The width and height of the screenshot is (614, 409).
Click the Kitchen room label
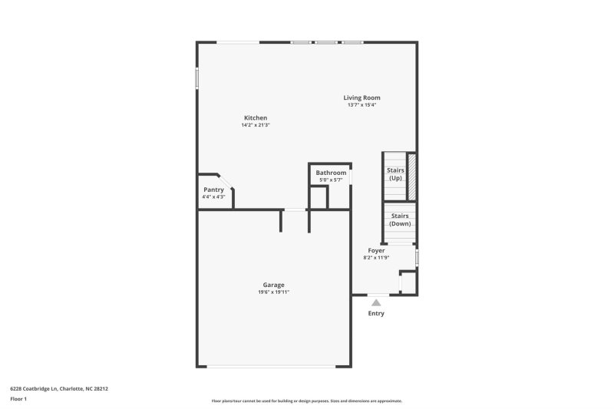tap(256, 117)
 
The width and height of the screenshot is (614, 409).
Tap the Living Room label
tap(361, 97)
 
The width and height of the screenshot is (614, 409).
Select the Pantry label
tap(213, 190)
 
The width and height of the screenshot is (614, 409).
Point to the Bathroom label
tap(331, 173)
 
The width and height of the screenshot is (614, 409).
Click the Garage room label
tap(274, 285)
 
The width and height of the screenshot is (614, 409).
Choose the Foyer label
tap(376, 251)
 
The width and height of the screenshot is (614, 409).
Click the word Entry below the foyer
tap(376, 313)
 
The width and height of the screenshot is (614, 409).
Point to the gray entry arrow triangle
tap(376, 303)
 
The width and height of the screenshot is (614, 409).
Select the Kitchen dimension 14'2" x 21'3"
tap(256, 125)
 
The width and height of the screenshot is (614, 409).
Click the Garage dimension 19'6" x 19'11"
tap(274, 292)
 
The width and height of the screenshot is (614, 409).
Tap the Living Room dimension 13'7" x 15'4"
tap(361, 105)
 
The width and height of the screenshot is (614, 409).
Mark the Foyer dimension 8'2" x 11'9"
tap(376, 258)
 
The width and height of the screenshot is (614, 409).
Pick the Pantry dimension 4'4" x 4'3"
tap(213, 197)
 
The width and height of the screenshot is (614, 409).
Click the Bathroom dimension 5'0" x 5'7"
tap(331, 180)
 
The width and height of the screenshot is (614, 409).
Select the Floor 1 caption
tap(18, 400)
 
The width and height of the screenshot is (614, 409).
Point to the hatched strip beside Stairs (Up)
tap(411, 177)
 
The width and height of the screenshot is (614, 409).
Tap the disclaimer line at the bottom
tap(306, 401)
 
